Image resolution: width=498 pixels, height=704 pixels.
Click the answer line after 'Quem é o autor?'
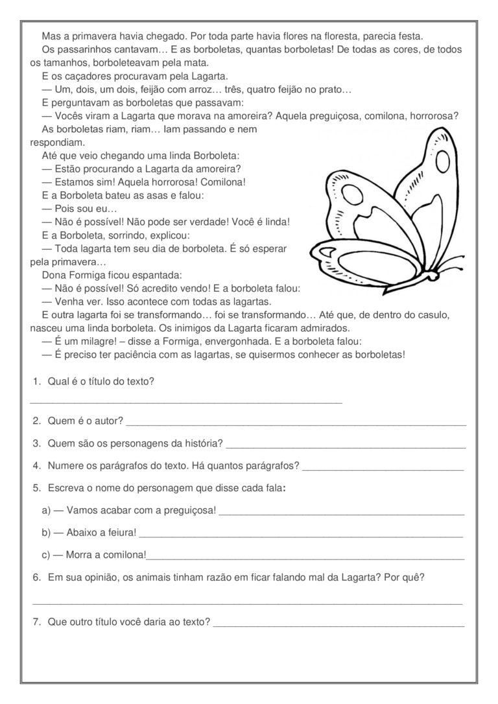pos(296,425)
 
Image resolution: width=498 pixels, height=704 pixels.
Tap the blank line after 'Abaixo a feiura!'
pos(301,536)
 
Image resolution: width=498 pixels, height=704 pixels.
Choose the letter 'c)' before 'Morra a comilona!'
pos(46,555)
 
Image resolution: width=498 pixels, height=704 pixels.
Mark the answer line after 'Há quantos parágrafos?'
pos(383,469)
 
